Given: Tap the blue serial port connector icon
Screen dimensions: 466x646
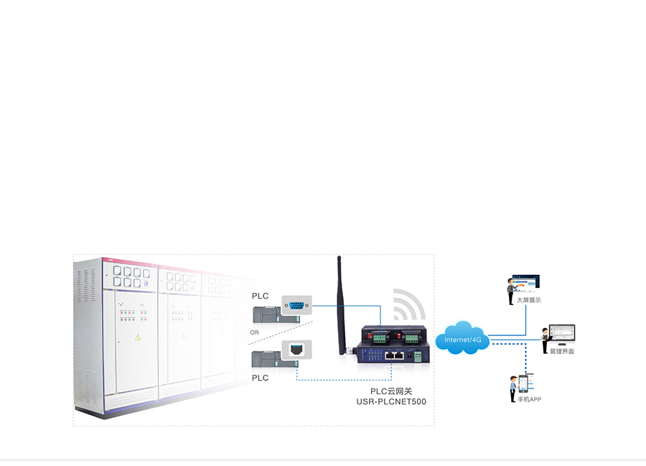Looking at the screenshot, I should click(296, 306).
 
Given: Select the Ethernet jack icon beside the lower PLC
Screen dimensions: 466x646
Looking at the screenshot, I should click(296, 350).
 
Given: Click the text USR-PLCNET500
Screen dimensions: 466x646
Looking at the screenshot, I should click(391, 401).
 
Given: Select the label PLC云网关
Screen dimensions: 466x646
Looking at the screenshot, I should click(391, 391).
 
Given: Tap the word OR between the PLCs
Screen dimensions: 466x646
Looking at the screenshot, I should click(254, 332).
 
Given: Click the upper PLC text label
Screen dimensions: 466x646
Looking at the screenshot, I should click(260, 296).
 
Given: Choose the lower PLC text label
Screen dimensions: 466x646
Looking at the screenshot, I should click(260, 378).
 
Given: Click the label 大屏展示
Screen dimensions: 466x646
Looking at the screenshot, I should click(528, 300).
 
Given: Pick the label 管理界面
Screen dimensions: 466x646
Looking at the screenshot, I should click(562, 351).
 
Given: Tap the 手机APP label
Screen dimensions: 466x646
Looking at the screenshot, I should click(529, 399).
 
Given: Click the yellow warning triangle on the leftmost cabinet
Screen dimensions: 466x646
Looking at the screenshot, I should click(138, 337).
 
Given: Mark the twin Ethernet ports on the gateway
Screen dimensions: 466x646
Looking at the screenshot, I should click(393, 355).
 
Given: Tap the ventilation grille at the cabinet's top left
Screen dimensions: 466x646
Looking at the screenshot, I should click(90, 279).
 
